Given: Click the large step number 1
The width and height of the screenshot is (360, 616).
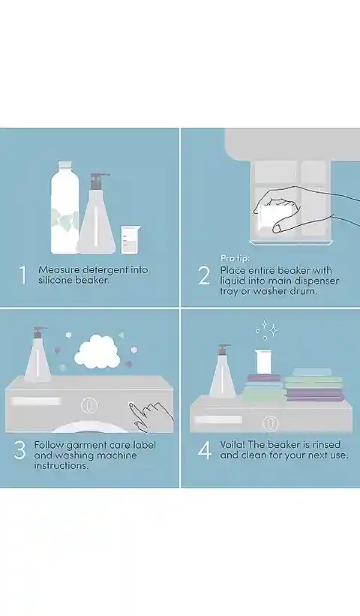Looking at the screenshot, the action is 23,275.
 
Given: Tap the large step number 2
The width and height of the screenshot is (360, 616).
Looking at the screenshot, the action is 204,276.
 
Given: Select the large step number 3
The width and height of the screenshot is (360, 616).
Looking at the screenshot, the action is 19,450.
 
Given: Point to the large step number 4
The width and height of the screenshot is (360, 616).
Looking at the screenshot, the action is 204,450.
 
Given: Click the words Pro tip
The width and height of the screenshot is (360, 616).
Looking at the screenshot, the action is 235,258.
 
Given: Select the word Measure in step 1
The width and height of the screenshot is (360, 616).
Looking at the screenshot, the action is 59,270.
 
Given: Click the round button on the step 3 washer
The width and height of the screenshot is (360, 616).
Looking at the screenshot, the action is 89,405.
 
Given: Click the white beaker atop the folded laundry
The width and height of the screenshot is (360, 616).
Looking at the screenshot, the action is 263,362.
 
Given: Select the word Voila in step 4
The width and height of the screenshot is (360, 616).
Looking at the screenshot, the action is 232,445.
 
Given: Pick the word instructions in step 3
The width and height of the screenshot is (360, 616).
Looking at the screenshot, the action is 61,465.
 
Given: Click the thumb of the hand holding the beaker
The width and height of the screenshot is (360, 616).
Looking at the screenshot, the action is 281,225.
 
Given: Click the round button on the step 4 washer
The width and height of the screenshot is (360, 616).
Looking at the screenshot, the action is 270,423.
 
